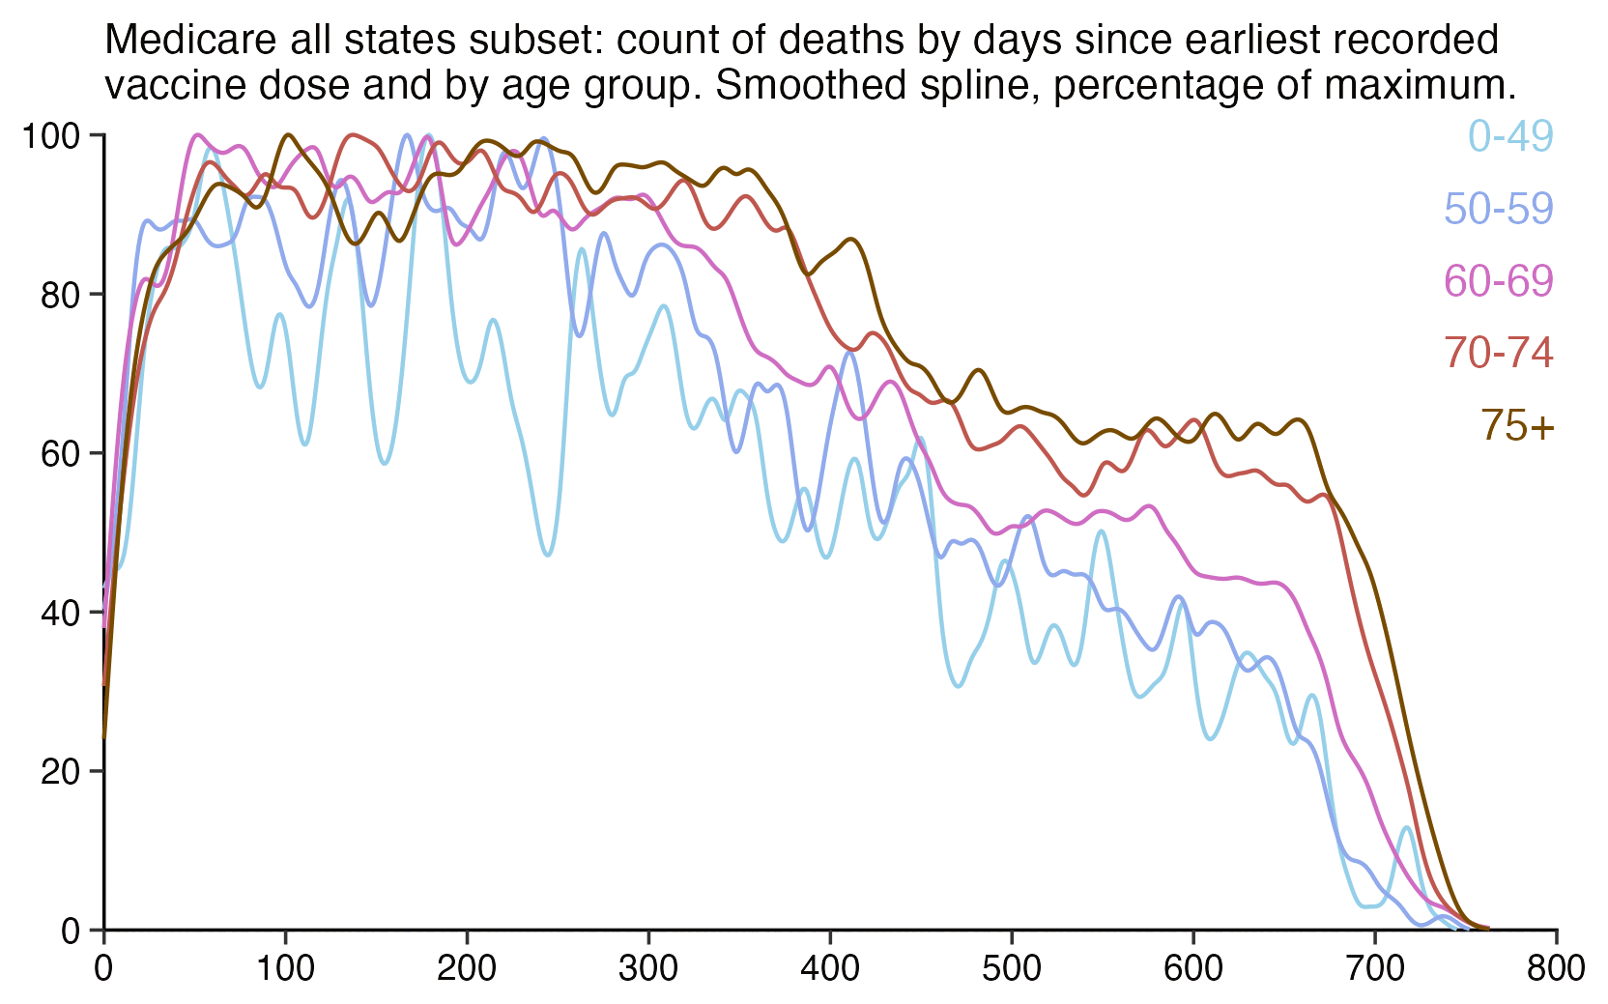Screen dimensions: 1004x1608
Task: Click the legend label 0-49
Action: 1510,136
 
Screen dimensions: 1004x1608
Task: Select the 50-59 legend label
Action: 1499,209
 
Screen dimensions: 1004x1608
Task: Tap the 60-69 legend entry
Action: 1499,281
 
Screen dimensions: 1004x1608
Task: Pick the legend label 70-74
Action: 1499,354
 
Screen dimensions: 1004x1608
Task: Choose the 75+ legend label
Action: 1517,426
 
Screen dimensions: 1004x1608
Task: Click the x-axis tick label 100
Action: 285,968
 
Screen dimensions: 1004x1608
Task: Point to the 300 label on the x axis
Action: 648,968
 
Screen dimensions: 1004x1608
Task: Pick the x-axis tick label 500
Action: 1012,968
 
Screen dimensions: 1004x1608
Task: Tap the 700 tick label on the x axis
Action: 1375,968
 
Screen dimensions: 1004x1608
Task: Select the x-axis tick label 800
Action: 1556,968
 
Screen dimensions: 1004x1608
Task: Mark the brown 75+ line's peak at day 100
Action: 288,135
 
